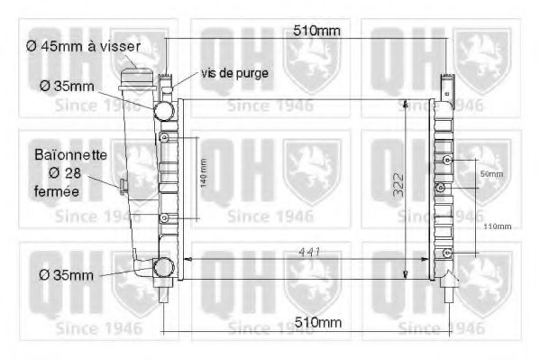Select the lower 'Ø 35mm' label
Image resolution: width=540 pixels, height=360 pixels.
(x=64, y=273)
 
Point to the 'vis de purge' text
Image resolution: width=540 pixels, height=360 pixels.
(x=234, y=72)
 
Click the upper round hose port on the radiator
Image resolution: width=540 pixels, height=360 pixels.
(x=163, y=112)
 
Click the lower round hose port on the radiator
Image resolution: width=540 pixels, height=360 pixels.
(x=163, y=268)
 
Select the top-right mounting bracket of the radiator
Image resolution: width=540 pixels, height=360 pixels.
(x=448, y=84)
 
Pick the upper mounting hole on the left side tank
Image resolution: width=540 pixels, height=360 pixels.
(x=164, y=139)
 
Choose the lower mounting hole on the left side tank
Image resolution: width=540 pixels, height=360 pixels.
(x=164, y=218)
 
